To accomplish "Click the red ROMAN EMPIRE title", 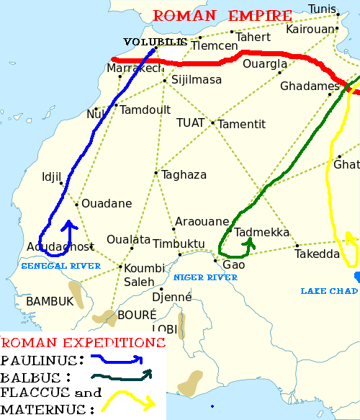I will tap(222, 15).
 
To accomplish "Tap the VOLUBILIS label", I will tap(156, 42).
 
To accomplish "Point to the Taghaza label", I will tap(184, 175).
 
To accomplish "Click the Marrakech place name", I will tap(135, 68).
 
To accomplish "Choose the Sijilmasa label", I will tap(196, 80).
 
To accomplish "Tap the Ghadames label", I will tap(310, 86).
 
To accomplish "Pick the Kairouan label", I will tap(310, 30).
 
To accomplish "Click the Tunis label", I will tap(322, 9).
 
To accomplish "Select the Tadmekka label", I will tap(262, 233).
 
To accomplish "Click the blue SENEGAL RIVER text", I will tap(60, 266).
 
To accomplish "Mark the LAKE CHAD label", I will tap(328, 290).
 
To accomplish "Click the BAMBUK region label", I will tap(50, 302).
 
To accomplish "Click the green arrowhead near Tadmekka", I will tap(249, 243).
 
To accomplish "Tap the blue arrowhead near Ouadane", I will tap(70, 226).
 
